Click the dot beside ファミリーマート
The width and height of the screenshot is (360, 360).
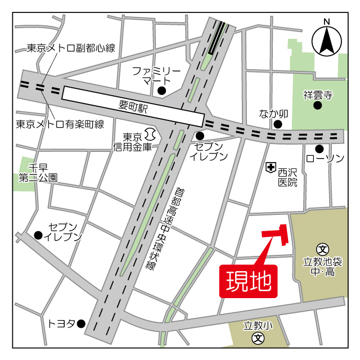coord(162,91)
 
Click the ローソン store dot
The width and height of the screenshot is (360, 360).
coord(319,148)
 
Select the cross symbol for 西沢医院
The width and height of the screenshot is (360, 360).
coord(271,166)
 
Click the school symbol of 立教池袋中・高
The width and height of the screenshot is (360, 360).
coord(323,249)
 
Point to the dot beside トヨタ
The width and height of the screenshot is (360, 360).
coord(81,323)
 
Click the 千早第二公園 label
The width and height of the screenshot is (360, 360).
coord(38,173)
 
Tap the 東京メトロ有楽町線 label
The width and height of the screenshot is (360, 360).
coord(60,124)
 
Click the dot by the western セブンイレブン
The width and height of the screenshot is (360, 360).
coord(38,235)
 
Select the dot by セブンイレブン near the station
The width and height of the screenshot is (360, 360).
coord(200,136)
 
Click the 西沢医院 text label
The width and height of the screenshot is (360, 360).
coord(287,176)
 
